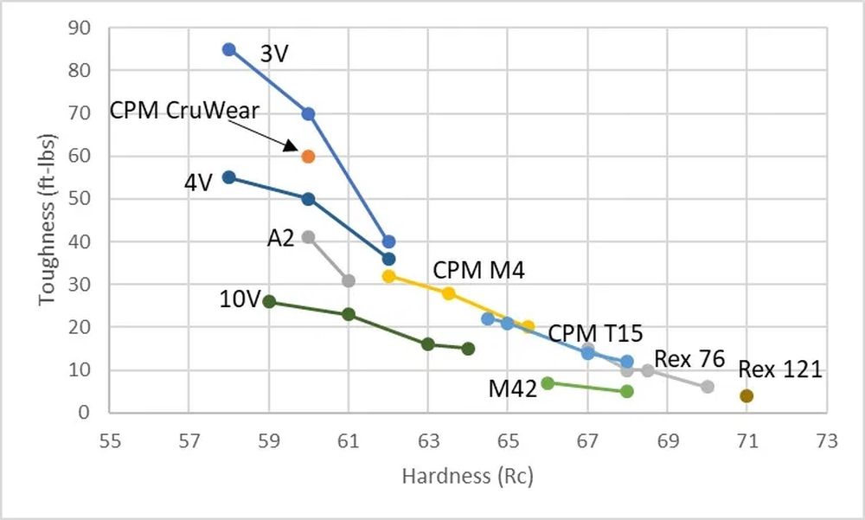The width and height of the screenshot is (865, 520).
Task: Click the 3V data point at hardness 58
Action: (229, 49)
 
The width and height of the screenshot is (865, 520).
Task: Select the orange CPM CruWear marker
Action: (308, 157)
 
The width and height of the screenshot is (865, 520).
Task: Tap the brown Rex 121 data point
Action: (746, 396)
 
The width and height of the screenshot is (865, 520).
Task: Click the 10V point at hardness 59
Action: (269, 302)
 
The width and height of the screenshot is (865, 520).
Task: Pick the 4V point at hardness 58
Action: (229, 177)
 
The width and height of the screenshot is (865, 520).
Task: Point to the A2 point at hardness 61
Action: (349, 280)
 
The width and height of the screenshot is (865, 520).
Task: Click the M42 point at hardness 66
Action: (548, 382)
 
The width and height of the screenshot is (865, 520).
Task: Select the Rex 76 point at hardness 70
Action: (708, 387)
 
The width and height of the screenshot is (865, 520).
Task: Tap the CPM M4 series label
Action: (478, 271)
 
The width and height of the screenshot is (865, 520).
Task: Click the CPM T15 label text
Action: (595, 333)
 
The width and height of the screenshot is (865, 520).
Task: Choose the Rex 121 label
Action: (779, 369)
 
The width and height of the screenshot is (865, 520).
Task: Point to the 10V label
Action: (240, 300)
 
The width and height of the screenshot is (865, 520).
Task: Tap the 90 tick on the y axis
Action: (80, 28)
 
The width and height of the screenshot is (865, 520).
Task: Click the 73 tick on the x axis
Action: (827, 440)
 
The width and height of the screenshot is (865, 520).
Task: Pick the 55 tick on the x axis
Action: (110, 440)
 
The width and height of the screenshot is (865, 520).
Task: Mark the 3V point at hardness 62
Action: (388, 242)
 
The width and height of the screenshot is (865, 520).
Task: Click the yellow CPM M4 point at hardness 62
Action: (388, 277)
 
